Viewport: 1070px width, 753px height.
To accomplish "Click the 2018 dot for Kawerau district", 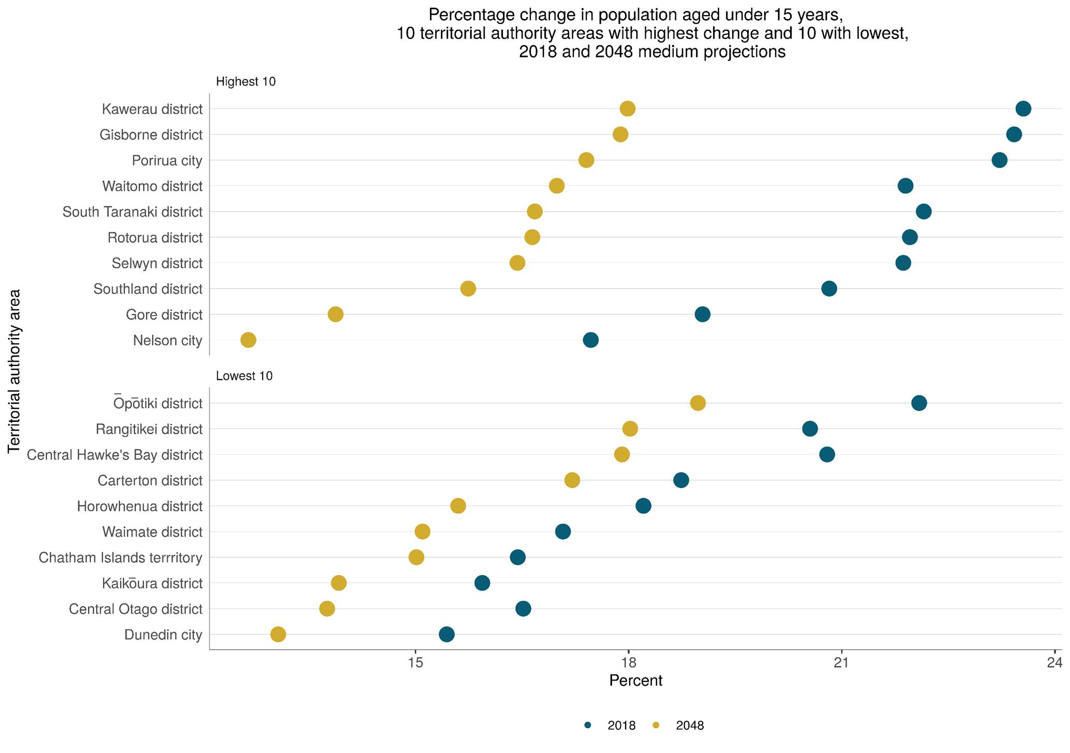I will click(1023, 109).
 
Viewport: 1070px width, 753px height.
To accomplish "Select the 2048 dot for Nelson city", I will click(248, 340).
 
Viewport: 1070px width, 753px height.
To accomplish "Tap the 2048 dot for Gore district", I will click(336, 314).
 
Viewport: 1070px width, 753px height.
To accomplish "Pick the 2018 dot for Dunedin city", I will click(447, 634).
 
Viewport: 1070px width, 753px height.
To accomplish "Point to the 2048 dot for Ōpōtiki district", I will click(698, 403).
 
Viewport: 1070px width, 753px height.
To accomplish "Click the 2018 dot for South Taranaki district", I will click(924, 212).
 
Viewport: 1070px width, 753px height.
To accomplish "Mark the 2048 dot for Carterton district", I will click(572, 480).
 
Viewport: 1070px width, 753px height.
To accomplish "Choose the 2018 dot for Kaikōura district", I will click(482, 583).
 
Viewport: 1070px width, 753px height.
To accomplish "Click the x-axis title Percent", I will click(635, 681).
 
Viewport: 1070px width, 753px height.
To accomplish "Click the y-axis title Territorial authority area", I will click(14, 372).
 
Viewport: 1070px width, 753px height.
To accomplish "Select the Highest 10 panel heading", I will click(246, 82).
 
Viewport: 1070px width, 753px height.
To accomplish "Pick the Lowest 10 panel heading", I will click(244, 376).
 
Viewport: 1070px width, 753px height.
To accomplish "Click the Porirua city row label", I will click(167, 160).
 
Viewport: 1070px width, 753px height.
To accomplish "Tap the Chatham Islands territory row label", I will click(120, 558).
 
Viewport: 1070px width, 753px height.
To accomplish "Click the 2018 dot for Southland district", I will click(829, 289).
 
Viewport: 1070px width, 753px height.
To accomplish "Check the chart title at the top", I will click(652, 33).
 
